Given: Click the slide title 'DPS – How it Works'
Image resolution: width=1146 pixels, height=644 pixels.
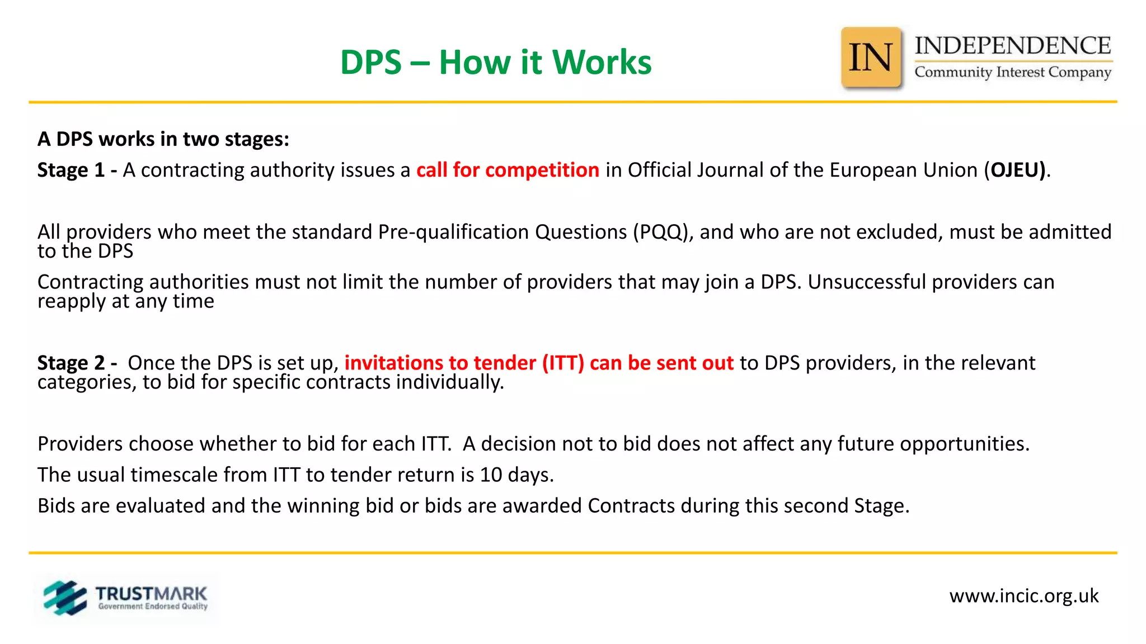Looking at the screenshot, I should [x=495, y=62].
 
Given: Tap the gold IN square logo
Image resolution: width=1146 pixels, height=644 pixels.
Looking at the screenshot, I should [x=871, y=58].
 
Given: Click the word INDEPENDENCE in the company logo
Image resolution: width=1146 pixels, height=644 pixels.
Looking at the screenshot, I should [x=1012, y=46].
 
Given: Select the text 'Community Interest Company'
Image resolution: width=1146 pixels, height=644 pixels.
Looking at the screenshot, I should [x=1012, y=73].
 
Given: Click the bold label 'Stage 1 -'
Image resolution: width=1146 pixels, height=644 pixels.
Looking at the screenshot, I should [x=77, y=170].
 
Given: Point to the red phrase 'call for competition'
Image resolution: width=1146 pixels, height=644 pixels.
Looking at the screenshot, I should [x=508, y=170].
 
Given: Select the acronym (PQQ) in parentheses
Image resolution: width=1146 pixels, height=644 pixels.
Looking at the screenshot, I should [x=660, y=232].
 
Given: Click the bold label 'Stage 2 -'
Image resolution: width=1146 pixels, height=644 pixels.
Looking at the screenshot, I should [x=77, y=363].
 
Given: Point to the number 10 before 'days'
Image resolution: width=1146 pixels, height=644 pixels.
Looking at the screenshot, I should [x=491, y=475].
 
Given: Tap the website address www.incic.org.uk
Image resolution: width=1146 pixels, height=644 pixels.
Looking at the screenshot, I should [x=1023, y=596].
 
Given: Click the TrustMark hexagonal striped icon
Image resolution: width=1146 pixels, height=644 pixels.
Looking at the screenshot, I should [x=65, y=598].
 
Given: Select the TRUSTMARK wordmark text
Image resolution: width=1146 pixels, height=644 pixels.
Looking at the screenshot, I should [x=151, y=594].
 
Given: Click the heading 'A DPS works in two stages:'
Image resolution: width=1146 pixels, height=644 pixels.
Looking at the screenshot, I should [x=163, y=139].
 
